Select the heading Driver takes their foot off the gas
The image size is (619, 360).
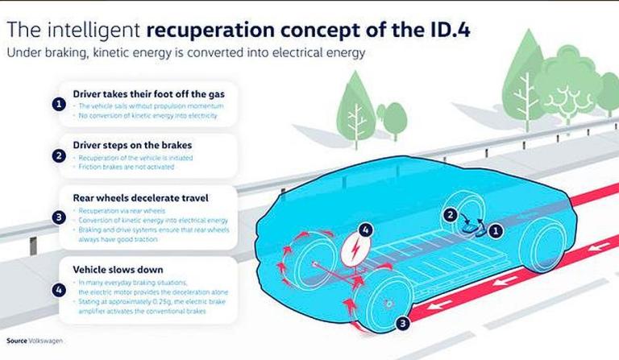click(148, 94)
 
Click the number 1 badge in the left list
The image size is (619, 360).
click(59, 104)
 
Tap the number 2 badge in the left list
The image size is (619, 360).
click(59, 155)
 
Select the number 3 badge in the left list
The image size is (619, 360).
click(59, 217)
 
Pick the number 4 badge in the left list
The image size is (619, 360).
click(59, 288)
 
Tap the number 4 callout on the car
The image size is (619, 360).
click(366, 230)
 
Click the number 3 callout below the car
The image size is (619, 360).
click(404, 324)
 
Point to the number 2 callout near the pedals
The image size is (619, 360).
click(451, 215)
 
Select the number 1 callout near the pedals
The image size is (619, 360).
click(497, 230)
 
